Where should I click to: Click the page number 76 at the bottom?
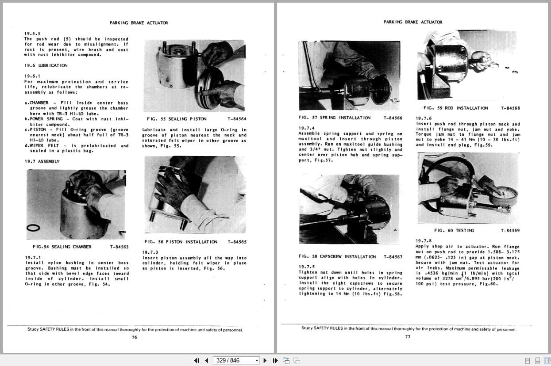point(135,337)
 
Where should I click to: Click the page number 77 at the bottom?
point(408,337)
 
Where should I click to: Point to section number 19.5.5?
point(32,34)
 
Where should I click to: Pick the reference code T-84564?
point(237,119)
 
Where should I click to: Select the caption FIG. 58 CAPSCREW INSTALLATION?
point(337,257)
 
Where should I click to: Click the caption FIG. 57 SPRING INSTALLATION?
point(335,118)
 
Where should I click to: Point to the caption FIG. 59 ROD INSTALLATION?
point(455,108)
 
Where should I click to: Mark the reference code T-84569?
point(510,230)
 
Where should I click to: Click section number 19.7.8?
point(423,241)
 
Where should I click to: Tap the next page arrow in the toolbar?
point(265,360)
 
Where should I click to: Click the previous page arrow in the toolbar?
point(206,360)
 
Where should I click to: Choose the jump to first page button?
point(197,360)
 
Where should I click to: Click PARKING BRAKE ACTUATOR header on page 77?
point(412,22)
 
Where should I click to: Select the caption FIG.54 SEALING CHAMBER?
point(62,247)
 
